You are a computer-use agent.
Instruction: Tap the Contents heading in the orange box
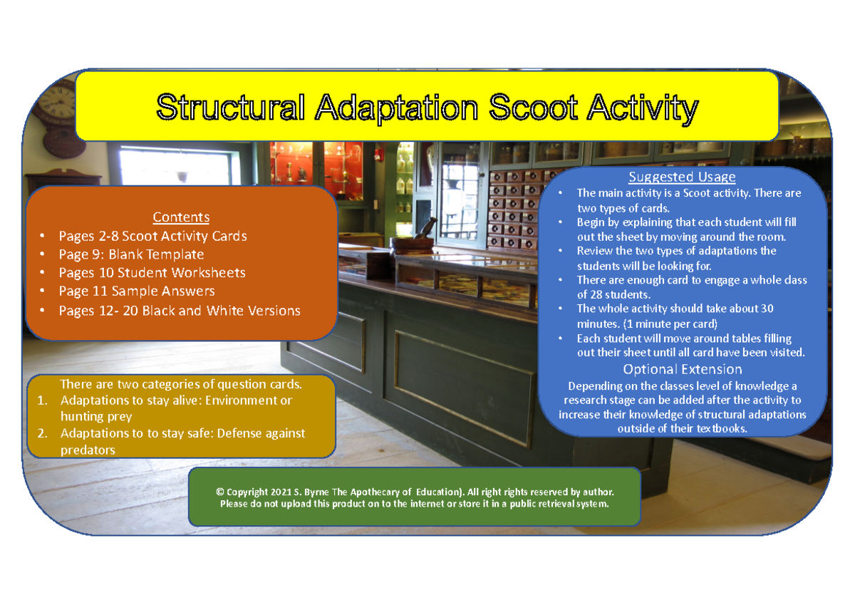(x=181, y=217)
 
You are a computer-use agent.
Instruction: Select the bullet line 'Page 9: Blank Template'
(x=131, y=254)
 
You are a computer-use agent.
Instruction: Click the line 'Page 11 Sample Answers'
(x=137, y=291)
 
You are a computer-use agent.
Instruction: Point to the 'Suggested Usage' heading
(x=682, y=177)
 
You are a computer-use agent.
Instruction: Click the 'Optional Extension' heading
(x=682, y=369)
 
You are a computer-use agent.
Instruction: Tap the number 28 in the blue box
(x=598, y=294)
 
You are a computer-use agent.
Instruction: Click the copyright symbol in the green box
(x=220, y=492)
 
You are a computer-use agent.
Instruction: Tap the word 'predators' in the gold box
(x=88, y=450)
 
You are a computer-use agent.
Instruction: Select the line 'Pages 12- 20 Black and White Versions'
(x=179, y=311)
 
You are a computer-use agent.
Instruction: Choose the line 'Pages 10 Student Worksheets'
(x=152, y=273)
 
